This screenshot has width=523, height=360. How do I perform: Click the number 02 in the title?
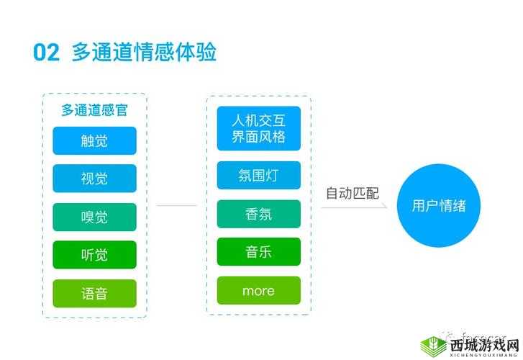pyautogui.click(x=45, y=53)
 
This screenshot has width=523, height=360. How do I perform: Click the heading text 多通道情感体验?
pyautogui.click(x=144, y=53)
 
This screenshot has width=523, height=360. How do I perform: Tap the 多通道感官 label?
pyautogui.click(x=94, y=110)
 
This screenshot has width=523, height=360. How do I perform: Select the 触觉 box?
pyautogui.click(x=94, y=140)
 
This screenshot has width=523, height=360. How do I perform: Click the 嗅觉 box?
pyautogui.click(x=94, y=217)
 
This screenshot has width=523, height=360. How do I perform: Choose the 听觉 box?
pyautogui.click(x=94, y=255)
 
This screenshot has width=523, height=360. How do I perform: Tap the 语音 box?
pyautogui.click(x=94, y=293)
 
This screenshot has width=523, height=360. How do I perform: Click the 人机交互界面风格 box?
pyautogui.click(x=258, y=128)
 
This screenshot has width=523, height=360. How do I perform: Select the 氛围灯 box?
pyautogui.click(x=258, y=176)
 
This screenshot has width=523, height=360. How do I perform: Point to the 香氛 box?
pyautogui.click(x=258, y=214)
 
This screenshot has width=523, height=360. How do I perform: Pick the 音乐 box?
pyautogui.click(x=258, y=252)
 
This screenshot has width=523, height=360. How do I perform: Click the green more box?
pyautogui.click(x=258, y=291)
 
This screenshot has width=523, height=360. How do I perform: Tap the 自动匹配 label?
pyautogui.click(x=352, y=193)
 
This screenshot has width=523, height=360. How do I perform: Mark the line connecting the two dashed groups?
pyautogui.click(x=176, y=205)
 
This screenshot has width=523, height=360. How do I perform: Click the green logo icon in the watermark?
pyautogui.click(x=433, y=345)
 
